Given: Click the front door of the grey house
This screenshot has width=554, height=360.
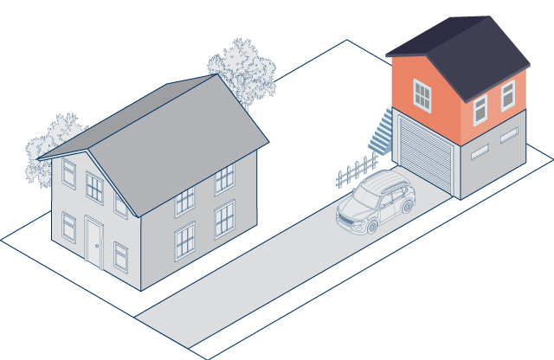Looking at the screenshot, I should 93,241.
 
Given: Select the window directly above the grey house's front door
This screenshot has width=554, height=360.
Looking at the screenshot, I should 94,187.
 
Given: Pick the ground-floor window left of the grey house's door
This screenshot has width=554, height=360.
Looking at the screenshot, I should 68,227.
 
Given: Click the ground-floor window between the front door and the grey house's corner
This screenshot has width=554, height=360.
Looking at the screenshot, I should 120,257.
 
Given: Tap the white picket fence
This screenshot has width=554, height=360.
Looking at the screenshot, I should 356,170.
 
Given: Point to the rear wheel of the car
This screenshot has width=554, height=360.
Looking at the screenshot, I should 406,206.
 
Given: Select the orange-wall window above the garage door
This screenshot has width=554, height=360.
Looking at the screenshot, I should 422,94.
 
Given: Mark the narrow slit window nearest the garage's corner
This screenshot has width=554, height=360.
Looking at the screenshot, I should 479,149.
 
